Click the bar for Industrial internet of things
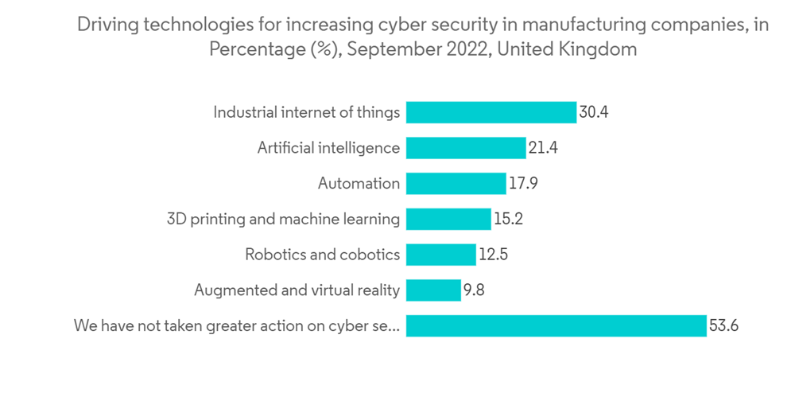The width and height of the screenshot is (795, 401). click(491, 112)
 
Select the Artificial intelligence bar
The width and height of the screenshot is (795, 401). click(466, 148)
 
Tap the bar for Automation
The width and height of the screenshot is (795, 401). click(456, 184)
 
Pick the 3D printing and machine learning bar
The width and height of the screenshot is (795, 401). click(448, 219)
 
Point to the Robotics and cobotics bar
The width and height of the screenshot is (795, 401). click(440, 255)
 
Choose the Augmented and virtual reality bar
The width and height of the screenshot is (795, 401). click(433, 290)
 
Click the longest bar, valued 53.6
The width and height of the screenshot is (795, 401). click(556, 325)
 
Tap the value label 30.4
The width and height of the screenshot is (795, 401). click(594, 112)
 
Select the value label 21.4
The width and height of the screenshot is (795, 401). click(543, 148)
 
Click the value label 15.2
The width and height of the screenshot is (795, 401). click(508, 219)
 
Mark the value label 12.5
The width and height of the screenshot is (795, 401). click(494, 255)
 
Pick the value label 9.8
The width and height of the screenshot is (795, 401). click(474, 290)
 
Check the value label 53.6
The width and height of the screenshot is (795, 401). click(724, 325)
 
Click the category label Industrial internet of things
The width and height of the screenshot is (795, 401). click(306, 112)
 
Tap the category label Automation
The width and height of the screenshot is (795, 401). click(359, 184)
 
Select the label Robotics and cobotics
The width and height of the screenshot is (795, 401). click(322, 255)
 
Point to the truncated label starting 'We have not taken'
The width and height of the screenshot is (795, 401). click(236, 325)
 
